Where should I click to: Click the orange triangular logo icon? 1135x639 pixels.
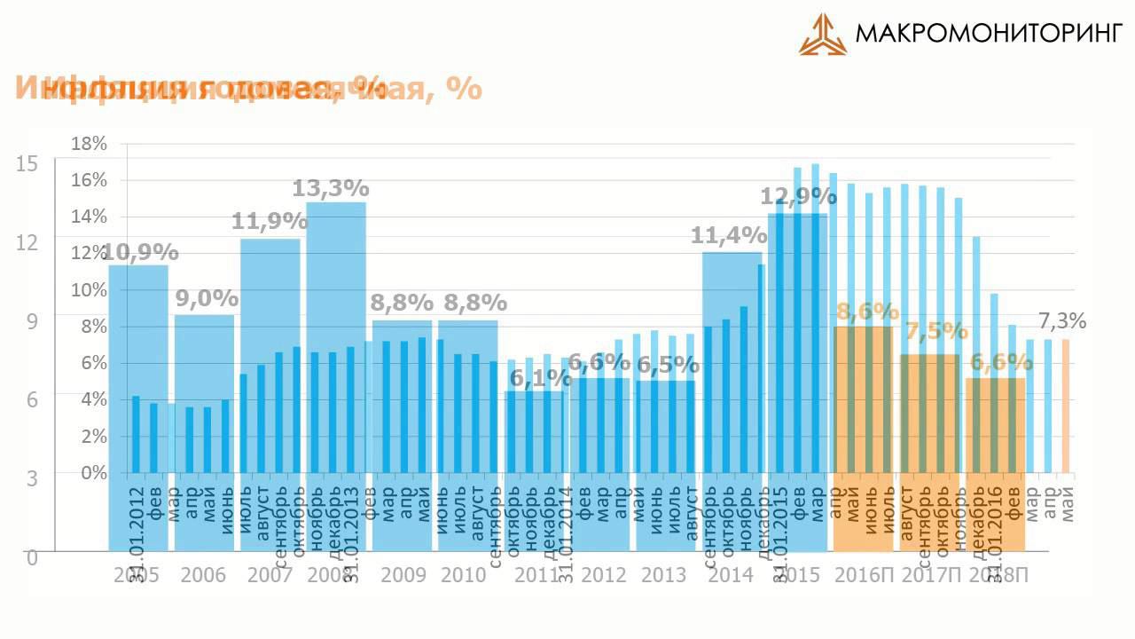point(822,35)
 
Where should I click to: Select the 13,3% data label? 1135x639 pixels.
point(331,188)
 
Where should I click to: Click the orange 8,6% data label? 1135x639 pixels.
point(867,312)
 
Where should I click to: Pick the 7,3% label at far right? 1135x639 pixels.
point(1062,320)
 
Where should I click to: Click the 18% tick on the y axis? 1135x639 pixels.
point(89,144)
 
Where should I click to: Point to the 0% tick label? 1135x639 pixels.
point(93,473)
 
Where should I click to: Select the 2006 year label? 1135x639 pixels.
point(204,575)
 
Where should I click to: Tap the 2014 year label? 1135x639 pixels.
point(731,575)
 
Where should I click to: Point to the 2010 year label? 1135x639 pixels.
point(465,575)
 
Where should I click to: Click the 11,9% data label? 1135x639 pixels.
point(270,221)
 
